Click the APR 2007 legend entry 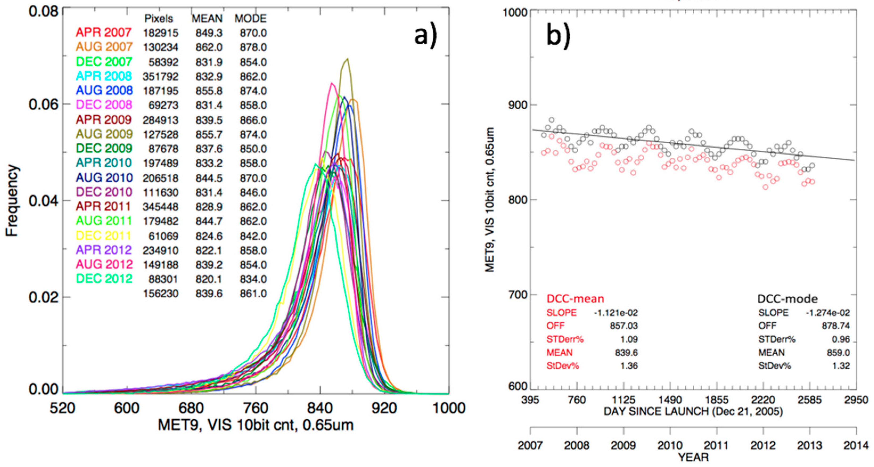104,32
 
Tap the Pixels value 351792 161,77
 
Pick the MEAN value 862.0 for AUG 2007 209,47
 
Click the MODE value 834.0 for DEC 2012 253,279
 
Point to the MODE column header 251,19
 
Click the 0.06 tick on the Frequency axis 44,104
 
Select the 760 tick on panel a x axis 256,408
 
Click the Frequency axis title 12,201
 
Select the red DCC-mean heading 575,299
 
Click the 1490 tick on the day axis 670,400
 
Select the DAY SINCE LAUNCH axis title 693,412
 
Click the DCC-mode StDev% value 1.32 841,366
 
